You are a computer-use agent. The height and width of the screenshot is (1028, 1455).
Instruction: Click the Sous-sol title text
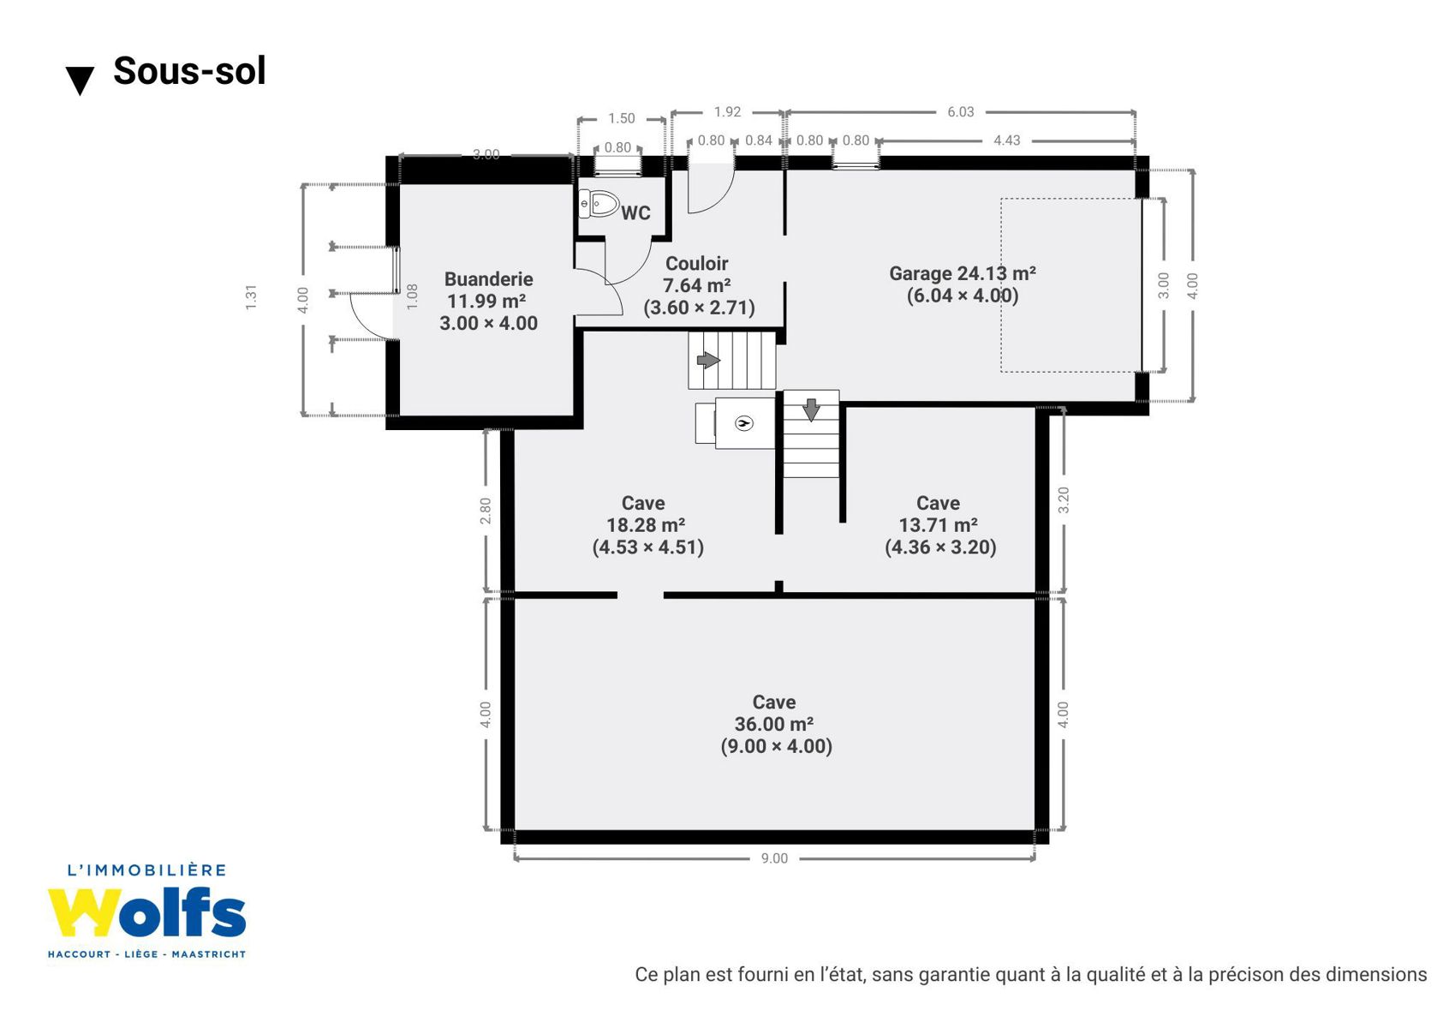point(189,70)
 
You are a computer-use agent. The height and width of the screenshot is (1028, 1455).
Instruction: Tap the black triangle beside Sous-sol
point(80,81)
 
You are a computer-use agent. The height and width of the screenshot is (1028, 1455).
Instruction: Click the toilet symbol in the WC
point(599,203)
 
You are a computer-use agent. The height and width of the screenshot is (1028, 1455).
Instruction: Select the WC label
point(635,213)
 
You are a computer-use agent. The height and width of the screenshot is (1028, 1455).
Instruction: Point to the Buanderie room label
point(488,279)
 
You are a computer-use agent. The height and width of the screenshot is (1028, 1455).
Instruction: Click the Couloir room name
point(697,264)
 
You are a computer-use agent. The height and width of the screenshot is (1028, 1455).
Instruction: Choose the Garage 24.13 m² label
point(962,273)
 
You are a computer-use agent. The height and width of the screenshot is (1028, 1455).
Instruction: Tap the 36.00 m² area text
point(774,724)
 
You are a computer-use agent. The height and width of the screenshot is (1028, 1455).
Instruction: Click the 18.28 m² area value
point(646,525)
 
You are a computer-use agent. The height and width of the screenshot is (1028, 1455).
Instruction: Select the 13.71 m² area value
point(939,525)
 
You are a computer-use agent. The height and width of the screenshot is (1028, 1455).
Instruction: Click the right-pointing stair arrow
point(709,360)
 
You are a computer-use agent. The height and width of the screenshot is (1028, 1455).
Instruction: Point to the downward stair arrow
point(811,410)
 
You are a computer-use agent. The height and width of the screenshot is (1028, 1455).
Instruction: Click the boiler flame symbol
point(743,424)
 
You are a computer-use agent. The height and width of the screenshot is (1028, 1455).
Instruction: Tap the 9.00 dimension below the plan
point(774,858)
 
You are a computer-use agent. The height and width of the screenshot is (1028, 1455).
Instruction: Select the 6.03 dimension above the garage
point(961,111)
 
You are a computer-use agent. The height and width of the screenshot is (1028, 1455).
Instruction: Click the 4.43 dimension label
point(1007,140)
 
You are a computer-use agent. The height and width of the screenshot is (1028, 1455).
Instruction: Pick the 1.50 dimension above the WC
point(622,118)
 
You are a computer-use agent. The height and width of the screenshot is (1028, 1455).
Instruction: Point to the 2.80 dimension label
point(486,511)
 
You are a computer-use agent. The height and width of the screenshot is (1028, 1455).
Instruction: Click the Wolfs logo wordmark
point(147,912)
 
